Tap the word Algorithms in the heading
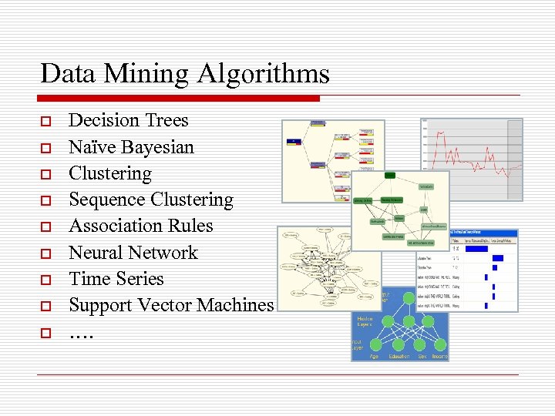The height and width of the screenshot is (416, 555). click(263, 75)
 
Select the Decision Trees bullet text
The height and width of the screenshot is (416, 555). click(128, 120)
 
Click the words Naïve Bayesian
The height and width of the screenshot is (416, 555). click(131, 147)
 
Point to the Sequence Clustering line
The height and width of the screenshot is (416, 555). click(151, 200)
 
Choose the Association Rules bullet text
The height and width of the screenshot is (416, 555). click(141, 226)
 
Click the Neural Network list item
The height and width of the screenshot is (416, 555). click(133, 253)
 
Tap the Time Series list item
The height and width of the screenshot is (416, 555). click(116, 279)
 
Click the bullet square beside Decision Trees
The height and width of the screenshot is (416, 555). click(46, 122)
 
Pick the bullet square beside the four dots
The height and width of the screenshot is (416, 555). click(46, 334)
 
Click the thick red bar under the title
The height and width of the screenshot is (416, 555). click(178, 99)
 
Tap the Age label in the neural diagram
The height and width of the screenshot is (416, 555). click(373, 356)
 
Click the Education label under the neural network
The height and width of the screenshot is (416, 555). click(399, 356)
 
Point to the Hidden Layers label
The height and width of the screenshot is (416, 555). click(365, 321)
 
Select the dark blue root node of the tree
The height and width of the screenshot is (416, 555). click(294, 141)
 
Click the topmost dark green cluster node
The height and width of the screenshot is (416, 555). click(390, 175)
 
